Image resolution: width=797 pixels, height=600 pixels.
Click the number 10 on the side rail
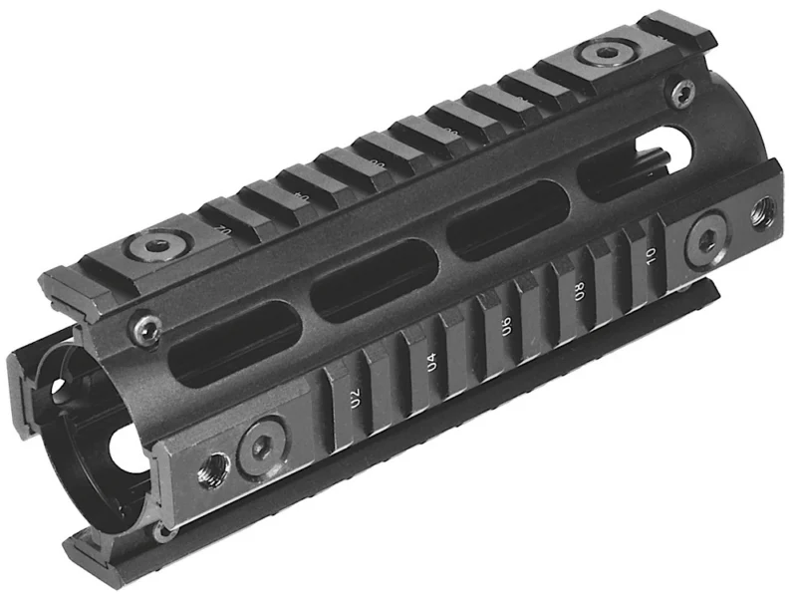coord(650,256)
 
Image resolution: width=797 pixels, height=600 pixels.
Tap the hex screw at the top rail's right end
coord(603,52)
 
